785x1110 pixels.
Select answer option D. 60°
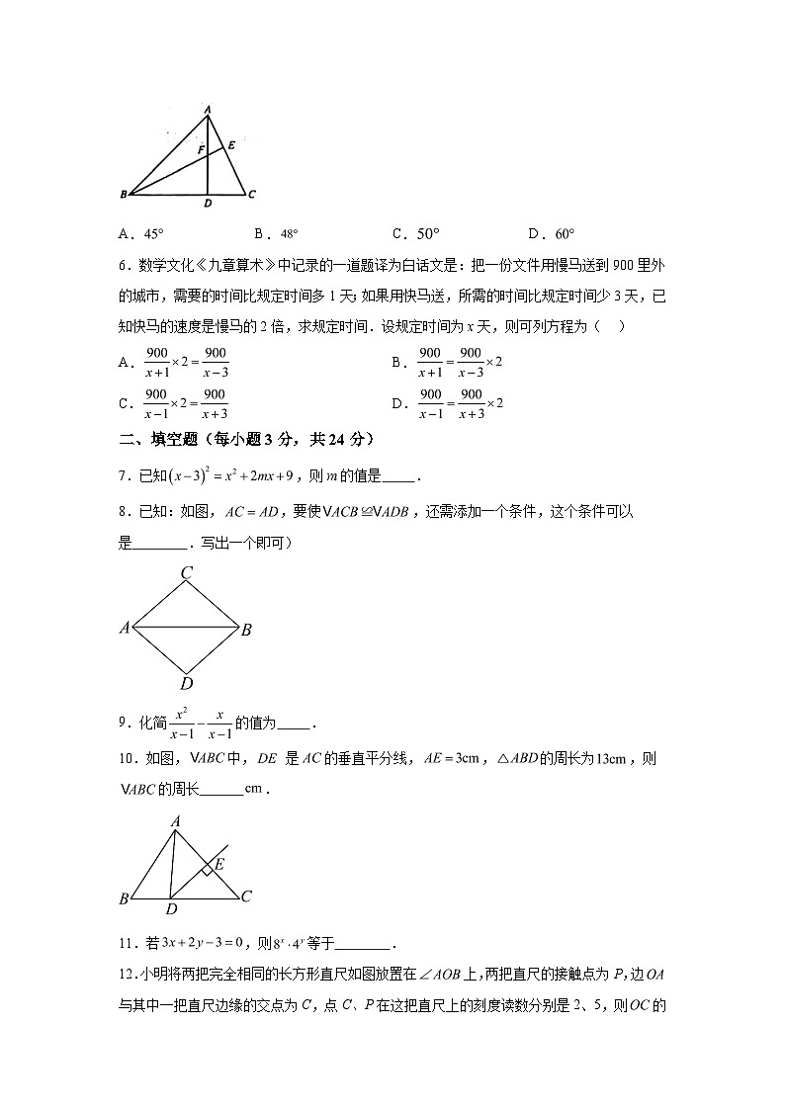click(551, 234)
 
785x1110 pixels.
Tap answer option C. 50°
click(415, 234)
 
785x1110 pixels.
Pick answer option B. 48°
click(276, 234)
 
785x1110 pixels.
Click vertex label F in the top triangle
click(200, 150)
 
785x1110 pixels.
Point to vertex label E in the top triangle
click(231, 145)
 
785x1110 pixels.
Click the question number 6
click(122, 264)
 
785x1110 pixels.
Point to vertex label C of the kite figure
click(186, 572)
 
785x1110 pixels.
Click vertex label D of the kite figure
click(186, 683)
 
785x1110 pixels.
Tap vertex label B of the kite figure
click(246, 630)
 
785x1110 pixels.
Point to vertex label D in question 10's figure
click(171, 909)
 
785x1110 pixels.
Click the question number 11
click(125, 943)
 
